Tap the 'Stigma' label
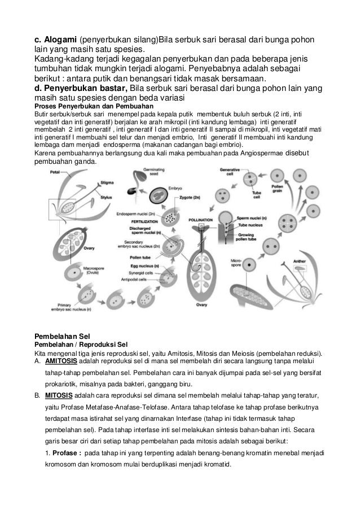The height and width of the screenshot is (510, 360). click(x=107, y=182)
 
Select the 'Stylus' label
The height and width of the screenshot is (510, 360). click(x=107, y=198)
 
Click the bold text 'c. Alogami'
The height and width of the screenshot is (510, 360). click(x=55, y=40)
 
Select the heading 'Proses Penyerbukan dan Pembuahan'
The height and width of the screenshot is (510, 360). click(x=87, y=105)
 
